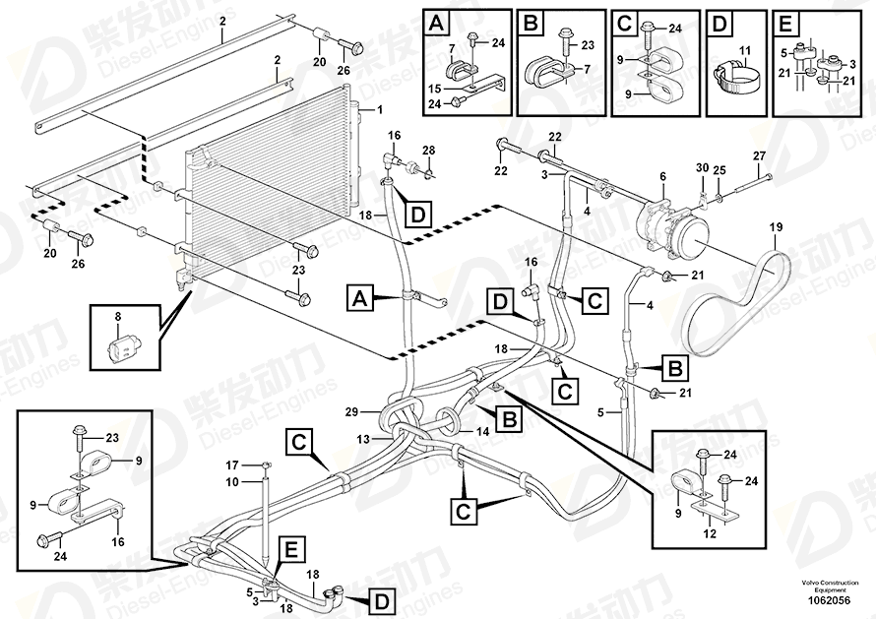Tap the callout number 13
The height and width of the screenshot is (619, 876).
tap(364, 439)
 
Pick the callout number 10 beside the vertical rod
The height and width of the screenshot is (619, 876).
tap(234, 481)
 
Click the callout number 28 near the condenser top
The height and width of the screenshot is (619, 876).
tap(428, 149)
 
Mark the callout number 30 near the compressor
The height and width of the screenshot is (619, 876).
tap(701, 167)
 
